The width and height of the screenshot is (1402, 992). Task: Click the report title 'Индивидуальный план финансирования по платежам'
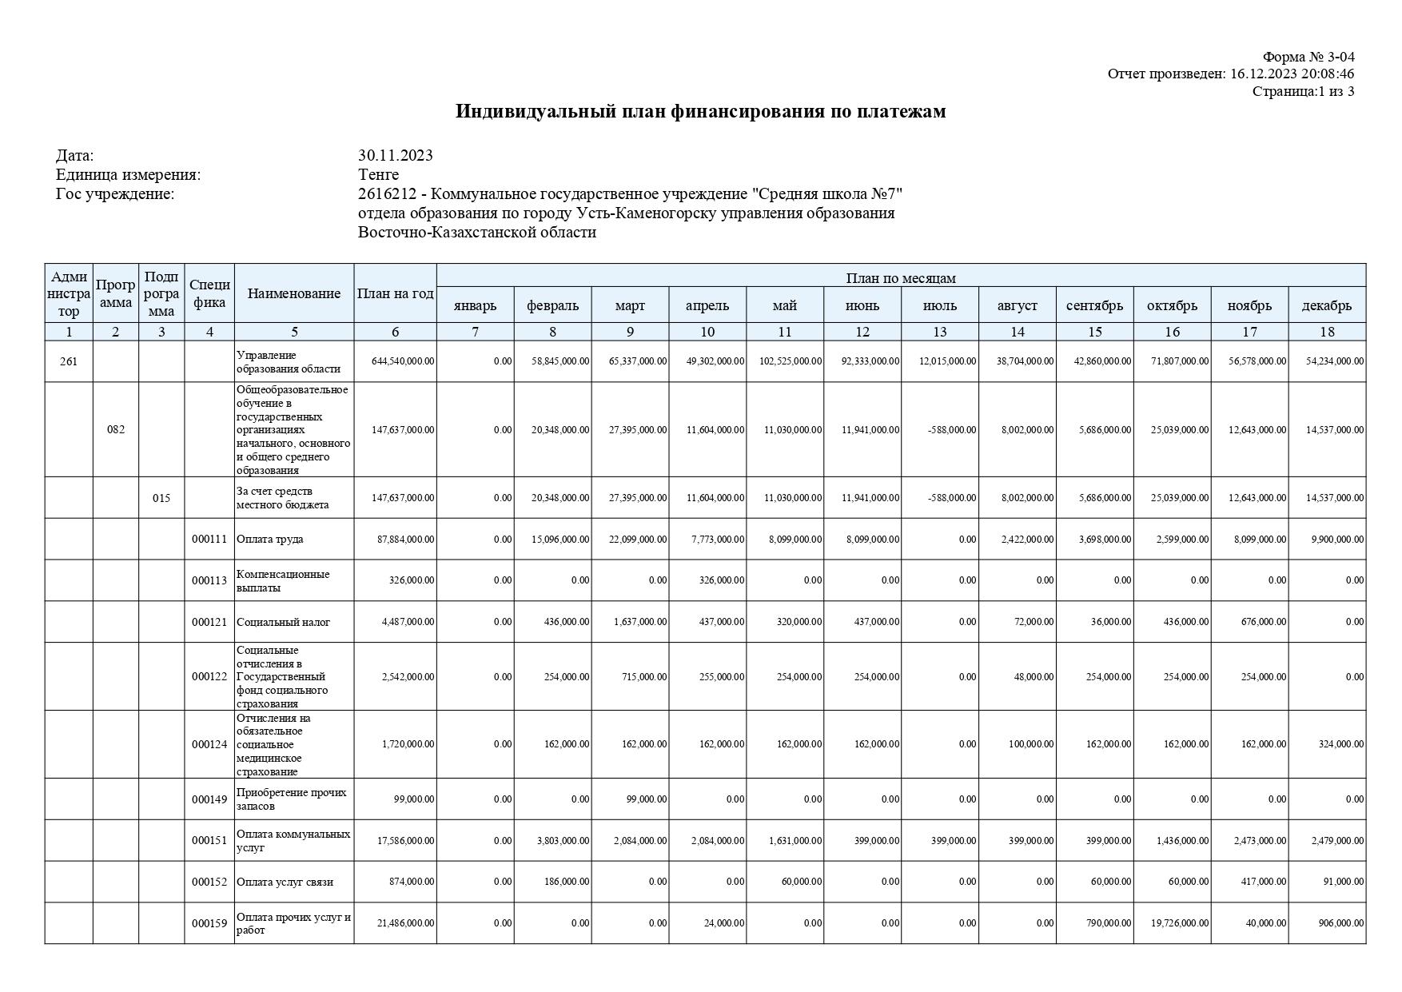pos(700,111)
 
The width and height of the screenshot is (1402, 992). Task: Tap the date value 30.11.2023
pos(395,155)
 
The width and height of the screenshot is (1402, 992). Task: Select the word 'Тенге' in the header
pos(378,174)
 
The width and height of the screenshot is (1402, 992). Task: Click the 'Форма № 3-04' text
pos(1308,57)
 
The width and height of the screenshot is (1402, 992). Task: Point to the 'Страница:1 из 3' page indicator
pos(1303,91)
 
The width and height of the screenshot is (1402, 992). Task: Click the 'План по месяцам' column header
pos(901,277)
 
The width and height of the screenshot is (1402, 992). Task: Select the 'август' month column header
pos(1017,305)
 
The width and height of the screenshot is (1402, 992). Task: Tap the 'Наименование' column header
pos(294,293)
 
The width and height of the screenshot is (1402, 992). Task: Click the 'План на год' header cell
pos(395,293)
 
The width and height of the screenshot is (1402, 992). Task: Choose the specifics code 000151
pos(209,840)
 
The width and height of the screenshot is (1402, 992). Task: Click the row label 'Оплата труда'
pos(269,539)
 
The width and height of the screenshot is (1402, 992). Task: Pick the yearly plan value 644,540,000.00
pos(403,361)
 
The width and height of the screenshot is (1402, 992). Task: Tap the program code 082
pos(116,429)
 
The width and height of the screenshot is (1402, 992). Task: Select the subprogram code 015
pos(161,498)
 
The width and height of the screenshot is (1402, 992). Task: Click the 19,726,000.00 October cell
pos(1179,923)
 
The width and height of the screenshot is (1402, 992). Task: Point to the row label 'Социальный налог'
pos(283,622)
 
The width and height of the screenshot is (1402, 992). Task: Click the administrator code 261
pos(69,361)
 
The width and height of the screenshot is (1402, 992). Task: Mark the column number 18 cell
pos(1327,332)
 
